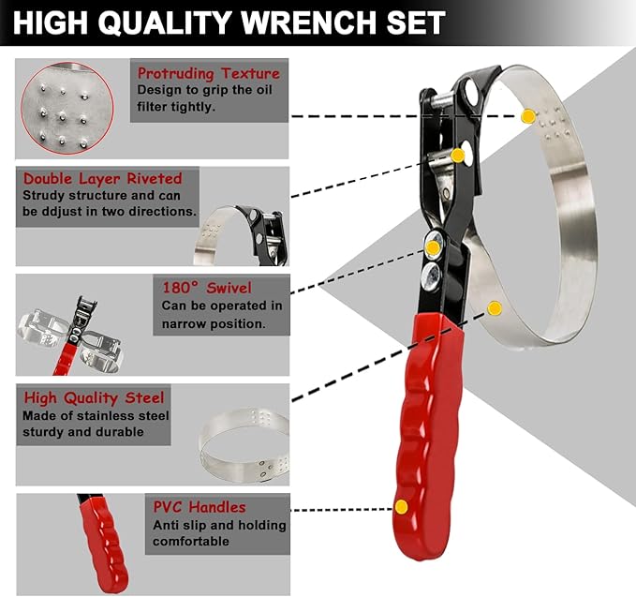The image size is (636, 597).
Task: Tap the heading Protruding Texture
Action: click(x=208, y=73)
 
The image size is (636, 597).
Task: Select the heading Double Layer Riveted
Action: click(x=102, y=178)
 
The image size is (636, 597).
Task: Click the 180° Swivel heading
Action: click(x=205, y=287)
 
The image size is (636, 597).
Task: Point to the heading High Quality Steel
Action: click(x=94, y=397)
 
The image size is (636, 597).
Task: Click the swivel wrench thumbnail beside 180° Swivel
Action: click(x=70, y=328)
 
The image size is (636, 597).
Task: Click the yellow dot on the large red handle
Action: click(x=401, y=507)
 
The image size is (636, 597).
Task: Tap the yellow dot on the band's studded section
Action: click(x=528, y=116)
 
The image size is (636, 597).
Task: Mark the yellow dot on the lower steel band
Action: click(x=495, y=307)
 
